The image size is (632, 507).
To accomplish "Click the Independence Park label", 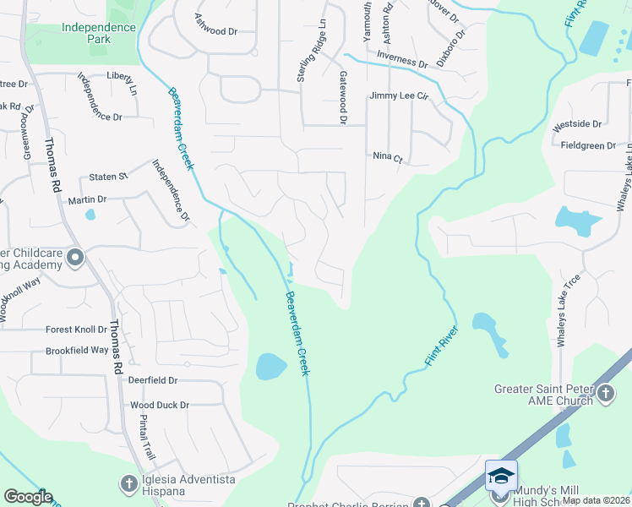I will [99, 34].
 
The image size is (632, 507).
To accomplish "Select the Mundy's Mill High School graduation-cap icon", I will [501, 475].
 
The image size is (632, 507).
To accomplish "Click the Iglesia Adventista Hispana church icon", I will [128, 483].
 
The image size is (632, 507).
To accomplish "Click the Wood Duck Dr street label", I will [160, 406].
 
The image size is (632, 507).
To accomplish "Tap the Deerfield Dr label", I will [153, 381].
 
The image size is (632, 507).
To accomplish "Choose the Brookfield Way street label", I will [77, 350].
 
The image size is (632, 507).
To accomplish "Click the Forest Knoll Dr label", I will [77, 330].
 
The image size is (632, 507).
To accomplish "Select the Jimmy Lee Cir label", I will [400, 96].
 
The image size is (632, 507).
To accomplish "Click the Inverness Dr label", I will [401, 62].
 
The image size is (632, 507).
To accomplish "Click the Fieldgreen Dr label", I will [588, 146].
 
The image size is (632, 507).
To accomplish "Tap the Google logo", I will [28, 497].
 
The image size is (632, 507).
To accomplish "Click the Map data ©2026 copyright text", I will [596, 500].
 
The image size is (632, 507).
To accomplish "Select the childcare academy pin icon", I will [74, 257].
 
